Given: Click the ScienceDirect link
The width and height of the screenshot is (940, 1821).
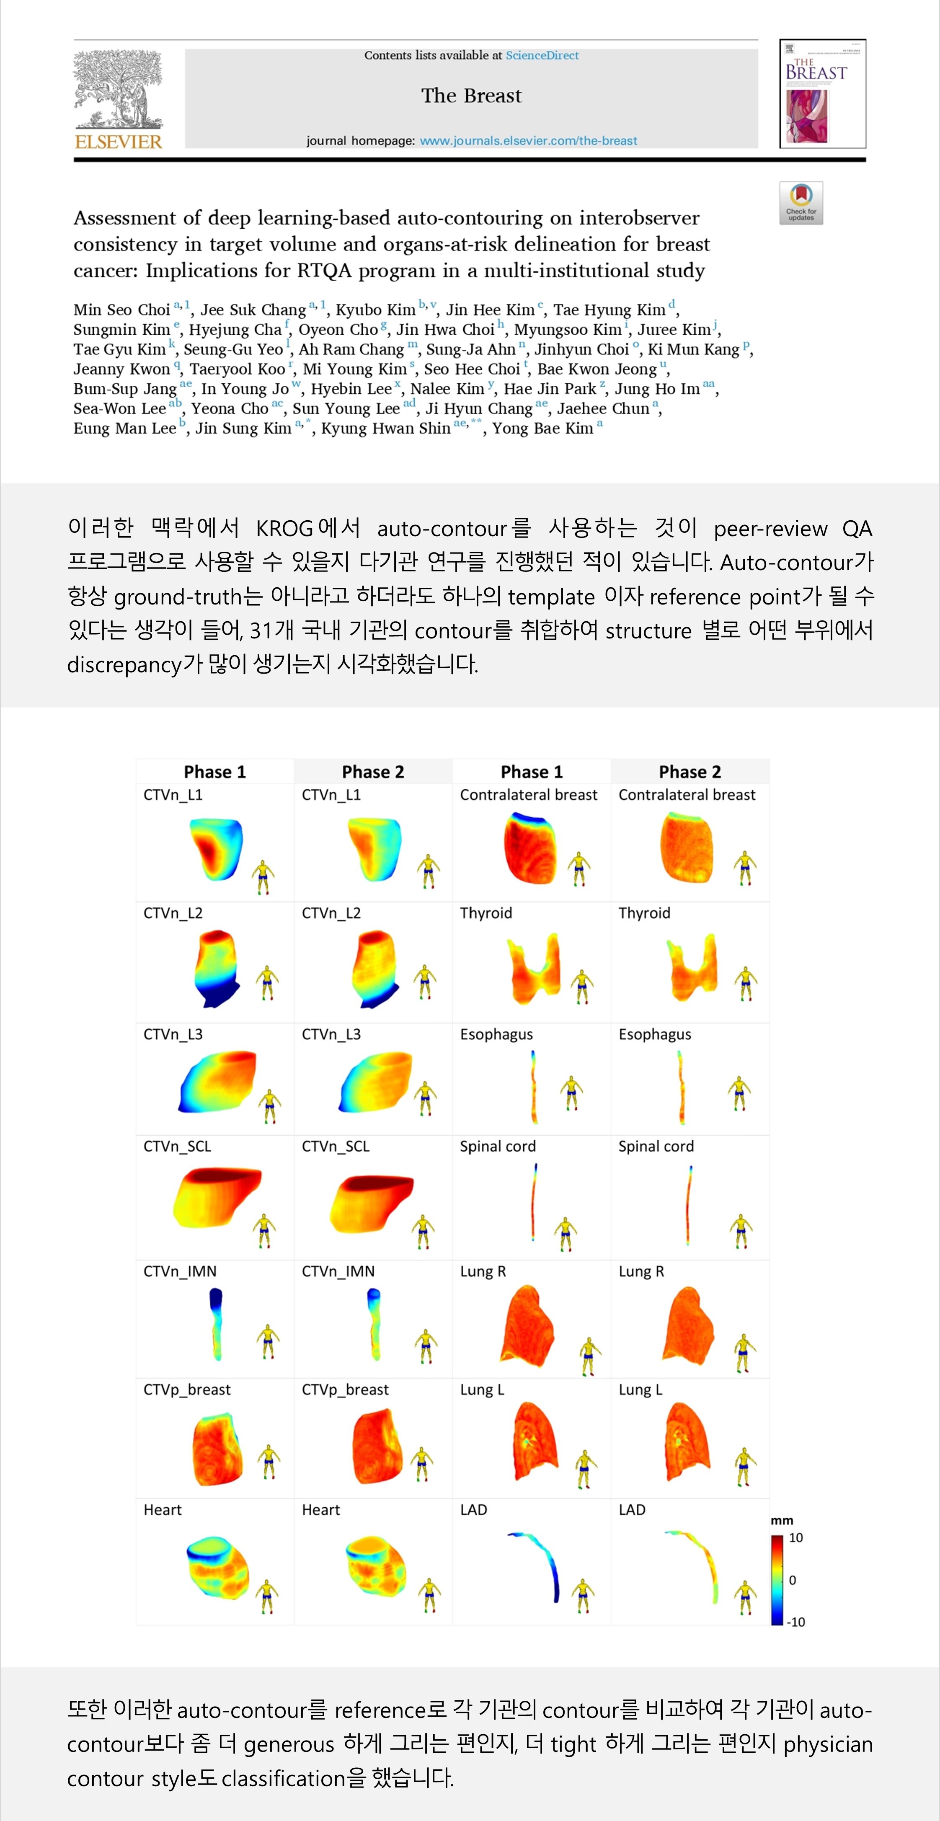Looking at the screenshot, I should pos(542,55).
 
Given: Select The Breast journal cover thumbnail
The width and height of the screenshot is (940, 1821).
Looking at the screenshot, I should pos(822,93).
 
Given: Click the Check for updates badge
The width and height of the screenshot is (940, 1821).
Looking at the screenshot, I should pos(801,203).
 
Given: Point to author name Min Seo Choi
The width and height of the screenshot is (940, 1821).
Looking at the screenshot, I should pos(121,310).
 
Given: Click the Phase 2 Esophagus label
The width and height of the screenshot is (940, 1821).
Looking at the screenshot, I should pos(654,1034).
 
